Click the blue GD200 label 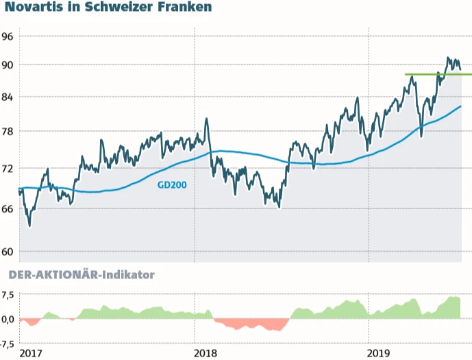[x=172, y=184]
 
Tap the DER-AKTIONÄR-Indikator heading [x=81, y=275]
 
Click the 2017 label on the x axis [x=30, y=353]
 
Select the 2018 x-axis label [x=206, y=353]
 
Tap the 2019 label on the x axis [x=380, y=353]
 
